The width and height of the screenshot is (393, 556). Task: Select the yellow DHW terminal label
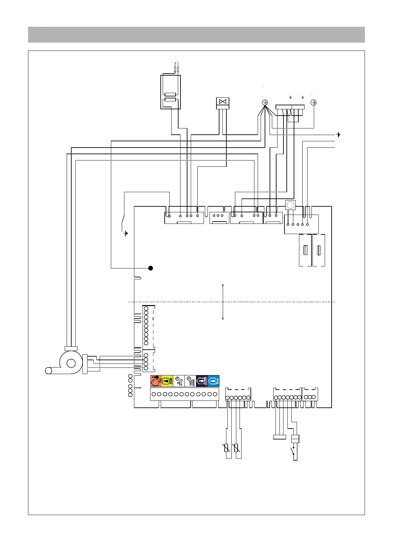pos(167,381)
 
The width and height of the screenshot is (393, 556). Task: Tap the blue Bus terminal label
pos(213,381)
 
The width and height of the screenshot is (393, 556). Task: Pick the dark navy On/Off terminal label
pos(202,381)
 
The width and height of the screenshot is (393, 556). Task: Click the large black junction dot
pos(150,268)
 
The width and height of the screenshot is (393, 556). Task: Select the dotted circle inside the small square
pos(290,205)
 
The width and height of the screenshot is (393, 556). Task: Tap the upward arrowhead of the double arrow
pos(223,285)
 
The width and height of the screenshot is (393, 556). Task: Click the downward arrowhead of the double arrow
pos(223,319)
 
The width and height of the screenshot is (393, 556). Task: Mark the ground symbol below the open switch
pos(126,233)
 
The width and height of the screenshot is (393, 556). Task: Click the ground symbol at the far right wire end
pos(338,135)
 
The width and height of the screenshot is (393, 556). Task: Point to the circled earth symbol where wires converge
pos(265,103)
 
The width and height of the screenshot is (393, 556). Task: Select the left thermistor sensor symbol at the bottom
pos(226,448)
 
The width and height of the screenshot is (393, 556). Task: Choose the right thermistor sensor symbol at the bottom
pos(236,448)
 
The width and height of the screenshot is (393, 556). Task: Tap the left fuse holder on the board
pos(305,250)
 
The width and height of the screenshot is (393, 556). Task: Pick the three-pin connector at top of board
pos(219,217)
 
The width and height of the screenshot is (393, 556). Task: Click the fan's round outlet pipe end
pos(49,370)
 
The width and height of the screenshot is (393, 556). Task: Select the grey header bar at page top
pos(196,35)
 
